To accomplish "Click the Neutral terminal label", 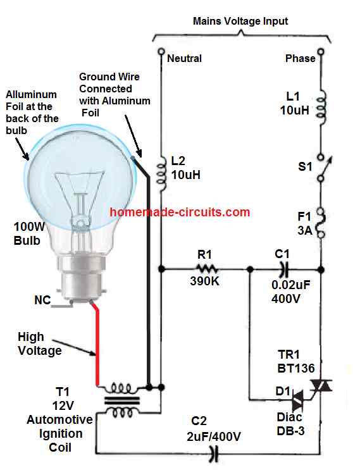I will (x=184, y=58).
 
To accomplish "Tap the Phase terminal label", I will (x=300, y=58).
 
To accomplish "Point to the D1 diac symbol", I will (x=296, y=399).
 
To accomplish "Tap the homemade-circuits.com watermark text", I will (x=180, y=213).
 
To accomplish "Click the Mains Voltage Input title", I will (x=240, y=21).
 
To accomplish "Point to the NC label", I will (x=42, y=301).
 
